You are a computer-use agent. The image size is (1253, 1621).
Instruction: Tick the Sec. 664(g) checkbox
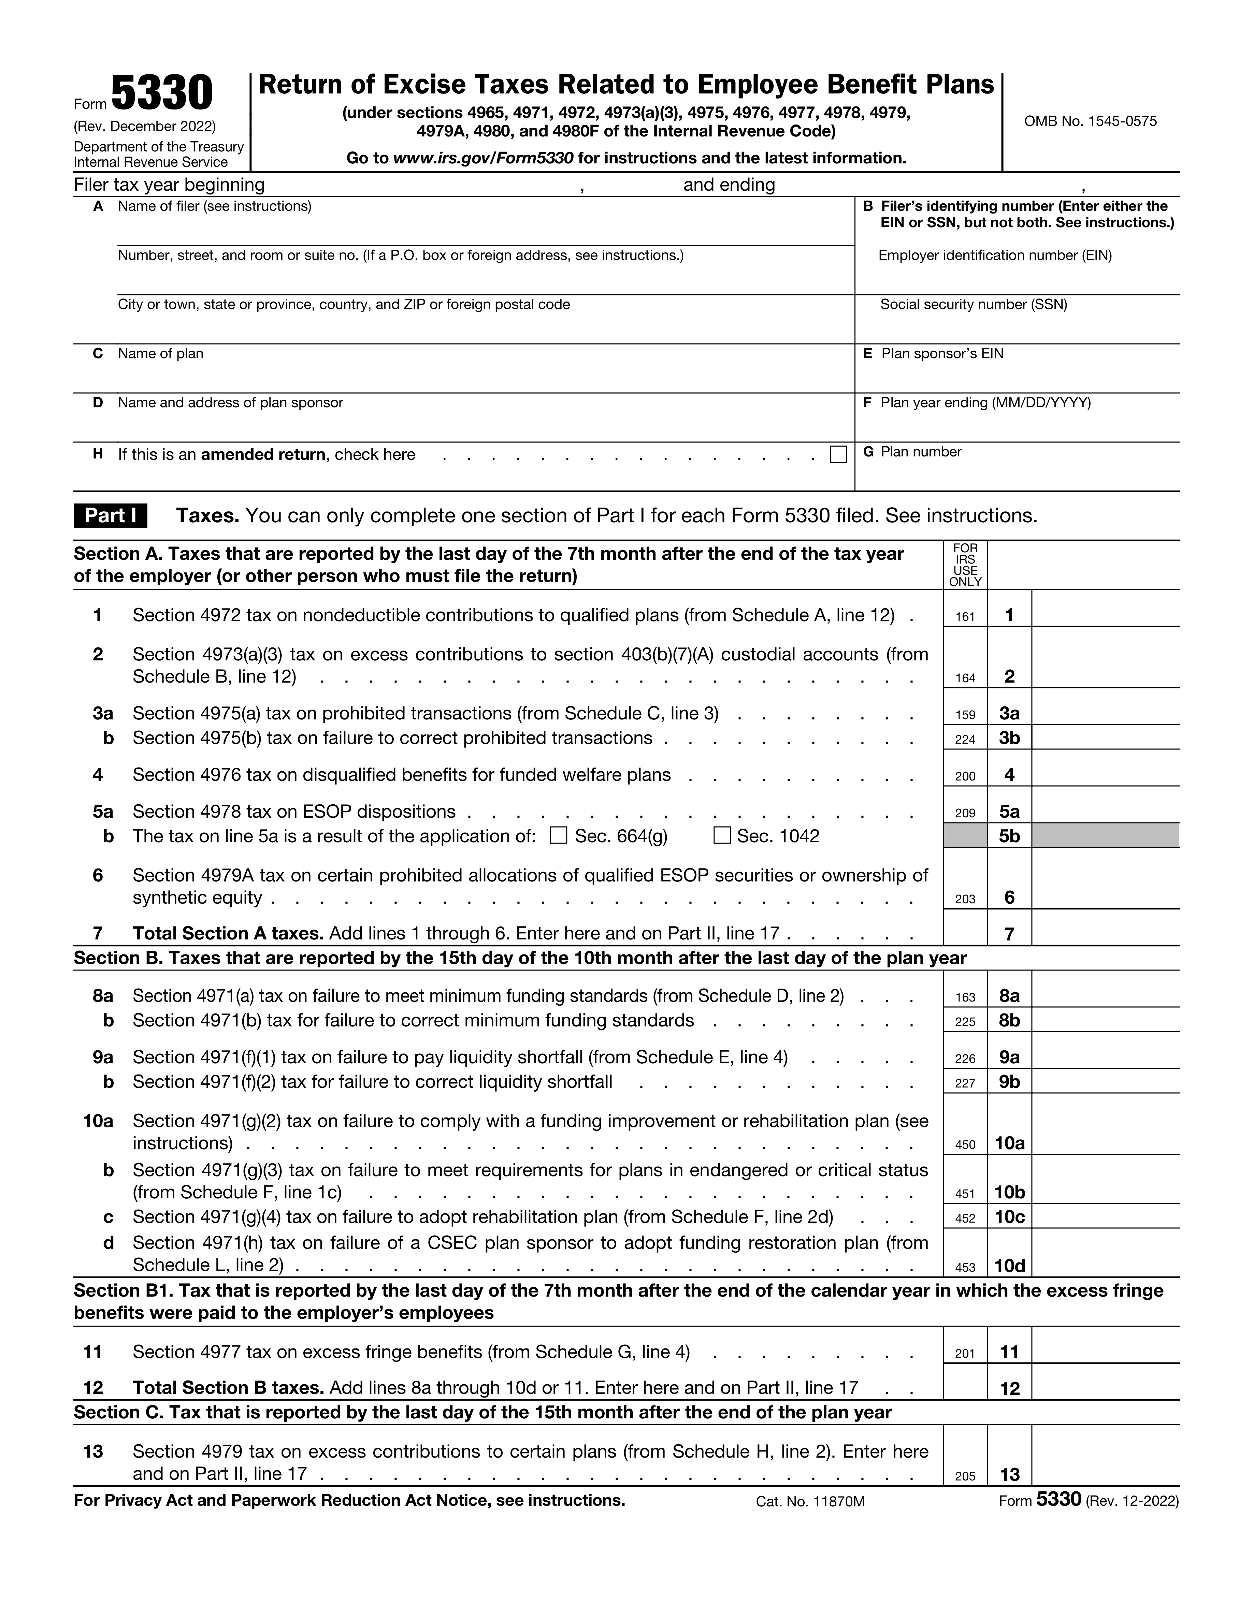pyautogui.click(x=558, y=836)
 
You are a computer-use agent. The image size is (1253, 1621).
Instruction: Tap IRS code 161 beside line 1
pyautogui.click(x=965, y=616)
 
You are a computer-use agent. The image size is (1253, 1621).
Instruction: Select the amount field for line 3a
pyautogui.click(x=1105, y=713)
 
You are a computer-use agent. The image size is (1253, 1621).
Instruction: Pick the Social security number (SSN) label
pyautogui.click(x=973, y=304)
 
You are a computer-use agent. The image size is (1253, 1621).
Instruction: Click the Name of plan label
pyautogui.click(x=160, y=353)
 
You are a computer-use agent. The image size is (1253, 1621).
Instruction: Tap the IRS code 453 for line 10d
pyautogui.click(x=965, y=1268)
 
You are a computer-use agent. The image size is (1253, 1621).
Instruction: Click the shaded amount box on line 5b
pyautogui.click(x=1105, y=836)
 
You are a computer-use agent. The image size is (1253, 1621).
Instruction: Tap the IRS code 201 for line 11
pyautogui.click(x=965, y=1353)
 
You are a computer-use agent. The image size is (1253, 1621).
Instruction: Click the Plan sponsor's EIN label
pyautogui.click(x=942, y=353)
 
